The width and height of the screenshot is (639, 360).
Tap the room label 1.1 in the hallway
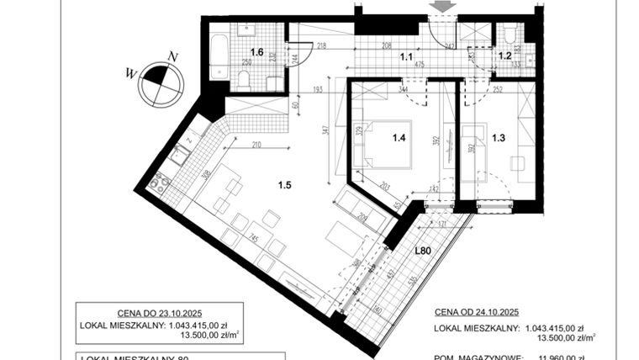click(406, 57)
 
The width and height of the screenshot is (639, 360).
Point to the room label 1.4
click(399, 131)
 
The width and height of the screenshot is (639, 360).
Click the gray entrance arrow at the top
click(443, 6)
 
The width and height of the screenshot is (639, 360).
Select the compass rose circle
click(161, 78)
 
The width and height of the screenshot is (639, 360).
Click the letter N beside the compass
click(172, 56)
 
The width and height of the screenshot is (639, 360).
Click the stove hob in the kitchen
click(158, 181)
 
